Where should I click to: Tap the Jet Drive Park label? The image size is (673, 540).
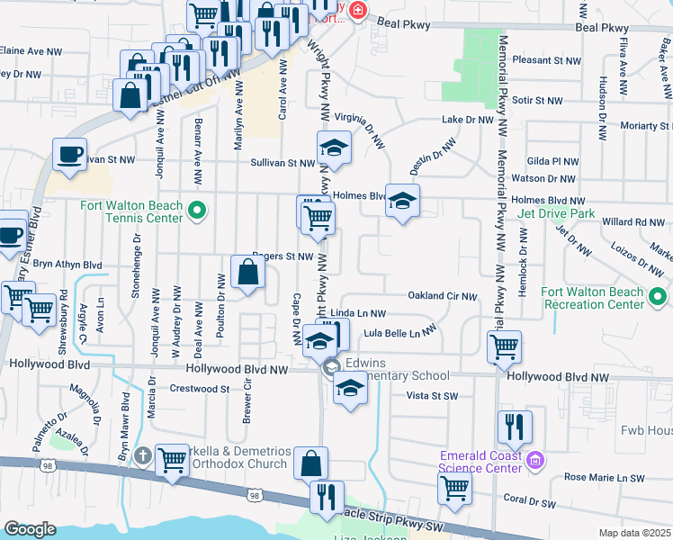coord(557,215)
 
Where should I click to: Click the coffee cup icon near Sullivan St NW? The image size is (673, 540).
coord(69,154)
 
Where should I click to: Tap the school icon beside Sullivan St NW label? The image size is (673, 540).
coord(333,148)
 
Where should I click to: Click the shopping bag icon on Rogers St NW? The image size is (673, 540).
coord(247,272)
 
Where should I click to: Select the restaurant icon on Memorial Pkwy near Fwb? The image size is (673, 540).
coord(514,427)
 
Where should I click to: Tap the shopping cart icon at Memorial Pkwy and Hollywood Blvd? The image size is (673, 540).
coord(505,346)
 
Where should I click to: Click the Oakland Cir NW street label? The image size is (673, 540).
coord(441,295)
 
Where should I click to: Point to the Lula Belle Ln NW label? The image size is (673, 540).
coord(405,333)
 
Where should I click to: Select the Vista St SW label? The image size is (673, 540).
coord(433,396)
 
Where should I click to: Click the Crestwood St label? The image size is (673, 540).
coord(200,389)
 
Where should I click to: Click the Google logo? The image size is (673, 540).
coord(30,529)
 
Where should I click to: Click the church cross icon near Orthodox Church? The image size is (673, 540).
coord(139,455)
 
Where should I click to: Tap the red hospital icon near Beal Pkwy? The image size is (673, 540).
coord(358,10)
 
